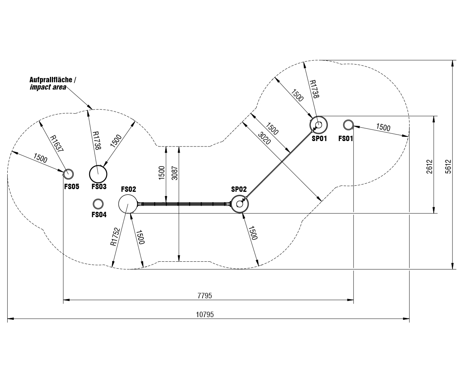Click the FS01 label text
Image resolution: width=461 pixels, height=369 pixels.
[x=345, y=138]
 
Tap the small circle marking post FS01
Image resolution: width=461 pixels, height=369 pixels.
[x=348, y=125]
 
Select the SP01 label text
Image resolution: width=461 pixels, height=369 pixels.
[x=319, y=138]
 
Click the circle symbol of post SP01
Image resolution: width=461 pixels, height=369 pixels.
[x=318, y=125]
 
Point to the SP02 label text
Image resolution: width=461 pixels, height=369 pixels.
[x=239, y=189]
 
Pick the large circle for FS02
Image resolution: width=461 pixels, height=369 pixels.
[x=128, y=204]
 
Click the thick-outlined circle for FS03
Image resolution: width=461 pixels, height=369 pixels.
[x=98, y=174]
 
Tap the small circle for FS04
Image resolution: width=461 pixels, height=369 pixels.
[x=98, y=204]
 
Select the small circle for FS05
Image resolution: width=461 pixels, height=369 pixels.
[x=68, y=174]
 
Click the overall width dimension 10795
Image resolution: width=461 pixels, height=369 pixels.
[x=205, y=314]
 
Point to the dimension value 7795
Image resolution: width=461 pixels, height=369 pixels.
[x=205, y=296]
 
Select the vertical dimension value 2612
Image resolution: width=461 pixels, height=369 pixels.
[x=429, y=166]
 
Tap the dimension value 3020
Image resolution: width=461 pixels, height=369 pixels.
[x=264, y=138]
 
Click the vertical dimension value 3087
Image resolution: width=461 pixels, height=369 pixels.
[x=175, y=173]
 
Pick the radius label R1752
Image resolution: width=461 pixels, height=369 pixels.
[x=115, y=237]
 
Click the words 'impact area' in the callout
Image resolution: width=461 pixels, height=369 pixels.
[x=48, y=87]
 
